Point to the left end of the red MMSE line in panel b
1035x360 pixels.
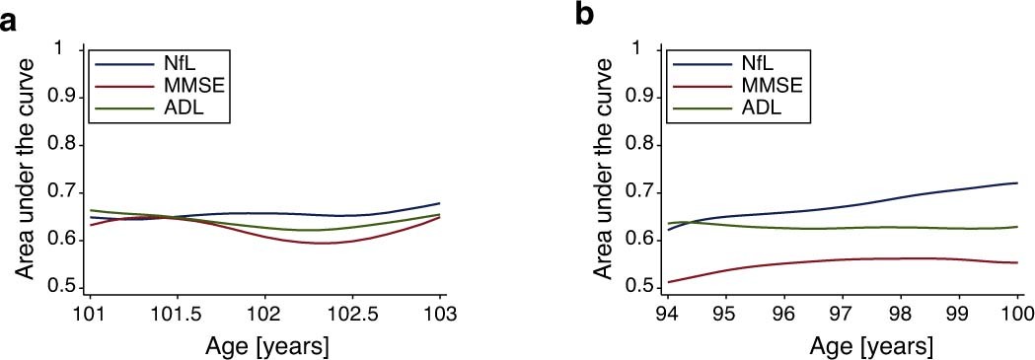pyautogui.click(x=669, y=282)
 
